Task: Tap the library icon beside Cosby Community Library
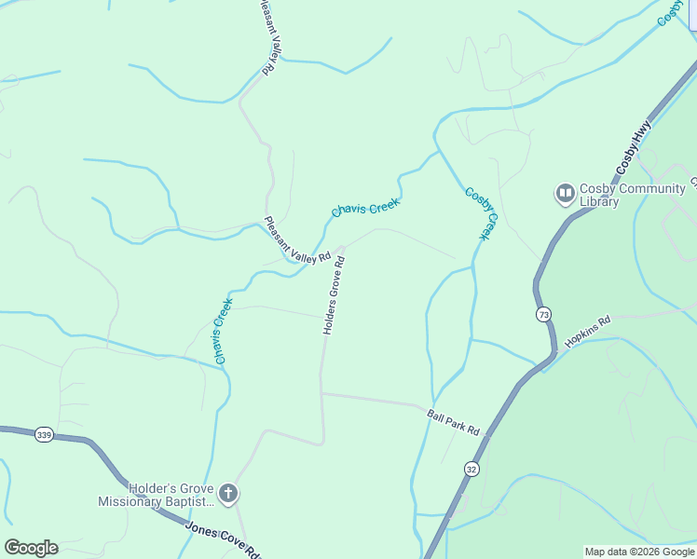[565, 194]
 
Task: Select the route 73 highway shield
[543, 315]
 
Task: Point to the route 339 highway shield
[44, 434]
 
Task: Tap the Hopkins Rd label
[587, 331]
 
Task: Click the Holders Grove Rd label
[335, 295]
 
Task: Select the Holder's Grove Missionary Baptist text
[157, 495]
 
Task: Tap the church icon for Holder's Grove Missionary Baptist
[228, 493]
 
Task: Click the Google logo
[31, 548]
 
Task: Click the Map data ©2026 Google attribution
[639, 552]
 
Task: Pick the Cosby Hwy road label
[634, 154]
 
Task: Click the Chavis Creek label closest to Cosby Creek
[365, 208]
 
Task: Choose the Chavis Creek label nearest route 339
[222, 330]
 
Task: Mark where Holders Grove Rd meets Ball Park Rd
[321, 393]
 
